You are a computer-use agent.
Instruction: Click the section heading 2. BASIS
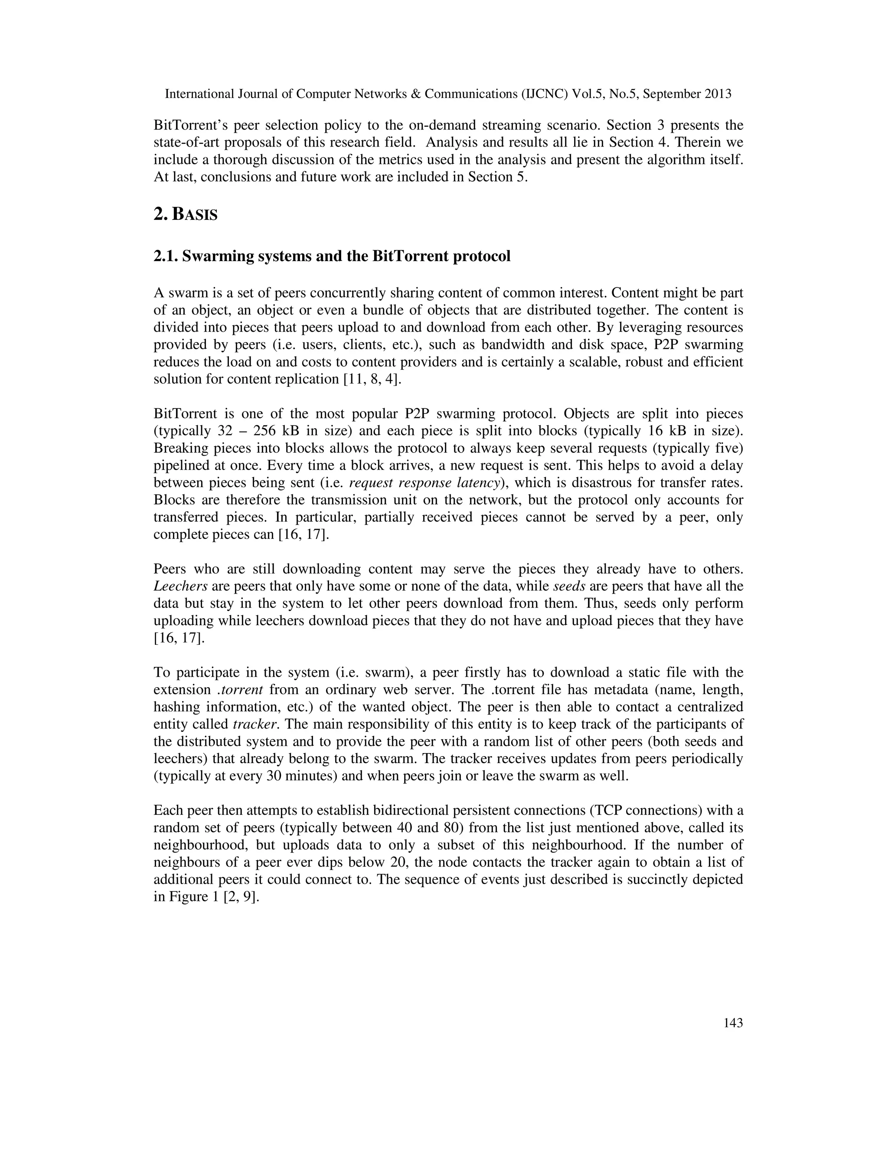185,215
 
